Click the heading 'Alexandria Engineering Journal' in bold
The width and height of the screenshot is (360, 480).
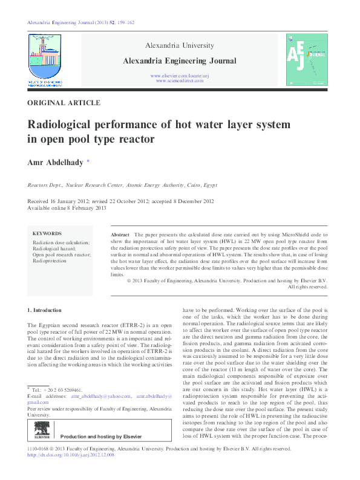(x=180, y=60)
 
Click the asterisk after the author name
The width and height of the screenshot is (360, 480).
(x=88, y=161)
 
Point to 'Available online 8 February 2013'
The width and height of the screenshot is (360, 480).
(x=67, y=208)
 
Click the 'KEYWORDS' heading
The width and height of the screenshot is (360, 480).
(x=47, y=233)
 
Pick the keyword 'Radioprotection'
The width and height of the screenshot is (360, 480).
(x=50, y=261)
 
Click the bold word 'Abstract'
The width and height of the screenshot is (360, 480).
(x=120, y=234)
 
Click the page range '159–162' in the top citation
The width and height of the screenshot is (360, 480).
(x=124, y=22)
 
